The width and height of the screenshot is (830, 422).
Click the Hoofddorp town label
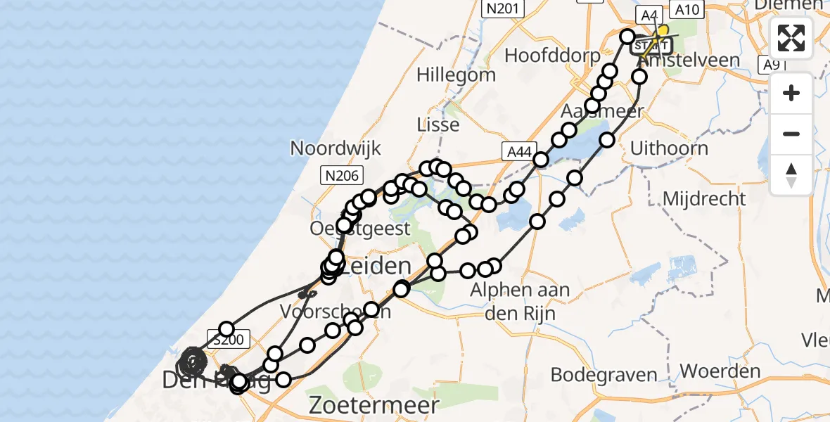(x=552, y=55)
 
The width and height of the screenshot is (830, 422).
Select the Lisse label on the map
(x=438, y=124)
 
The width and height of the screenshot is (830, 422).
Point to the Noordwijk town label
(x=336, y=148)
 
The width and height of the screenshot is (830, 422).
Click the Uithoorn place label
(x=669, y=148)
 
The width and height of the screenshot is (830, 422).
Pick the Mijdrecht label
(x=704, y=198)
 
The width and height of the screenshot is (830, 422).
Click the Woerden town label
(x=720, y=371)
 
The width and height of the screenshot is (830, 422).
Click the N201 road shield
(x=501, y=8)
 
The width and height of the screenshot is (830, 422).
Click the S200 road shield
(x=228, y=340)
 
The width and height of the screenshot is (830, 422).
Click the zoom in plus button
(x=791, y=94)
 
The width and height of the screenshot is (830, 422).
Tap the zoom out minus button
(x=791, y=134)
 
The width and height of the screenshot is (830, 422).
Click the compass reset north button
(x=791, y=174)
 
